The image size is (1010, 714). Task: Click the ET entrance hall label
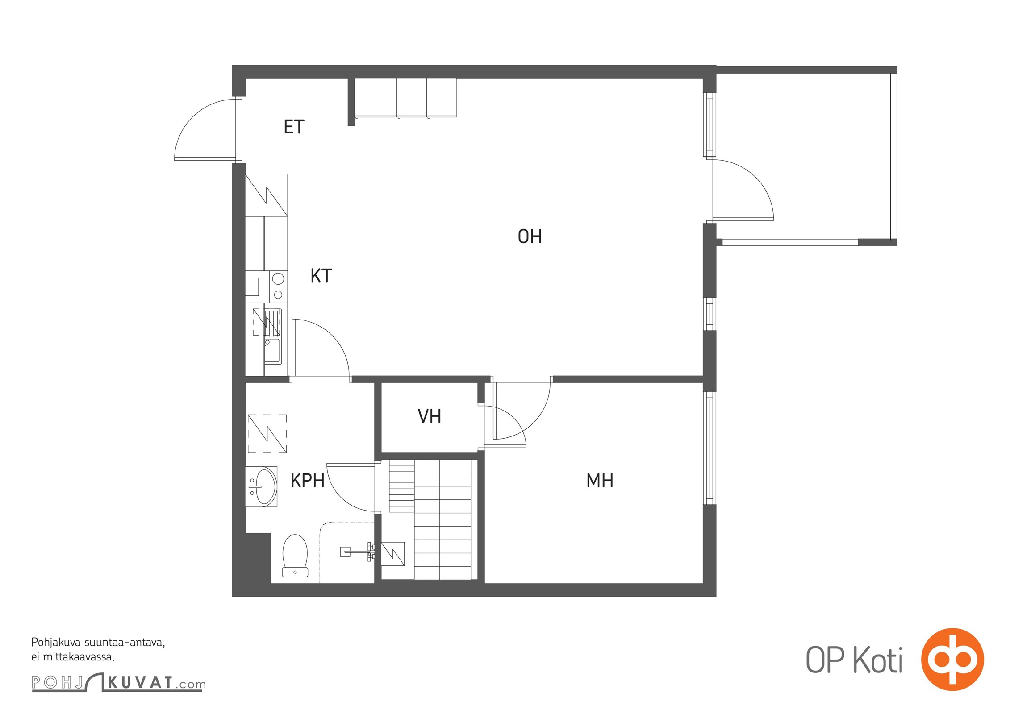294,127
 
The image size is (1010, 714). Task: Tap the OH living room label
530,237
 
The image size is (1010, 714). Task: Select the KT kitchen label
321,276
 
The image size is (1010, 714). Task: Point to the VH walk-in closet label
430,416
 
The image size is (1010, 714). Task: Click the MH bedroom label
600,480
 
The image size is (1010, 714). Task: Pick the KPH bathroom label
307,481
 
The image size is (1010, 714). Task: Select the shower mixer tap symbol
357,552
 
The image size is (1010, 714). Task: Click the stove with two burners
278,286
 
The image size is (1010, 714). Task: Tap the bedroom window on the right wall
710,448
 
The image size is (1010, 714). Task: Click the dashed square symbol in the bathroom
267,434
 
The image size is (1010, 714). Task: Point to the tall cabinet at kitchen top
267,195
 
